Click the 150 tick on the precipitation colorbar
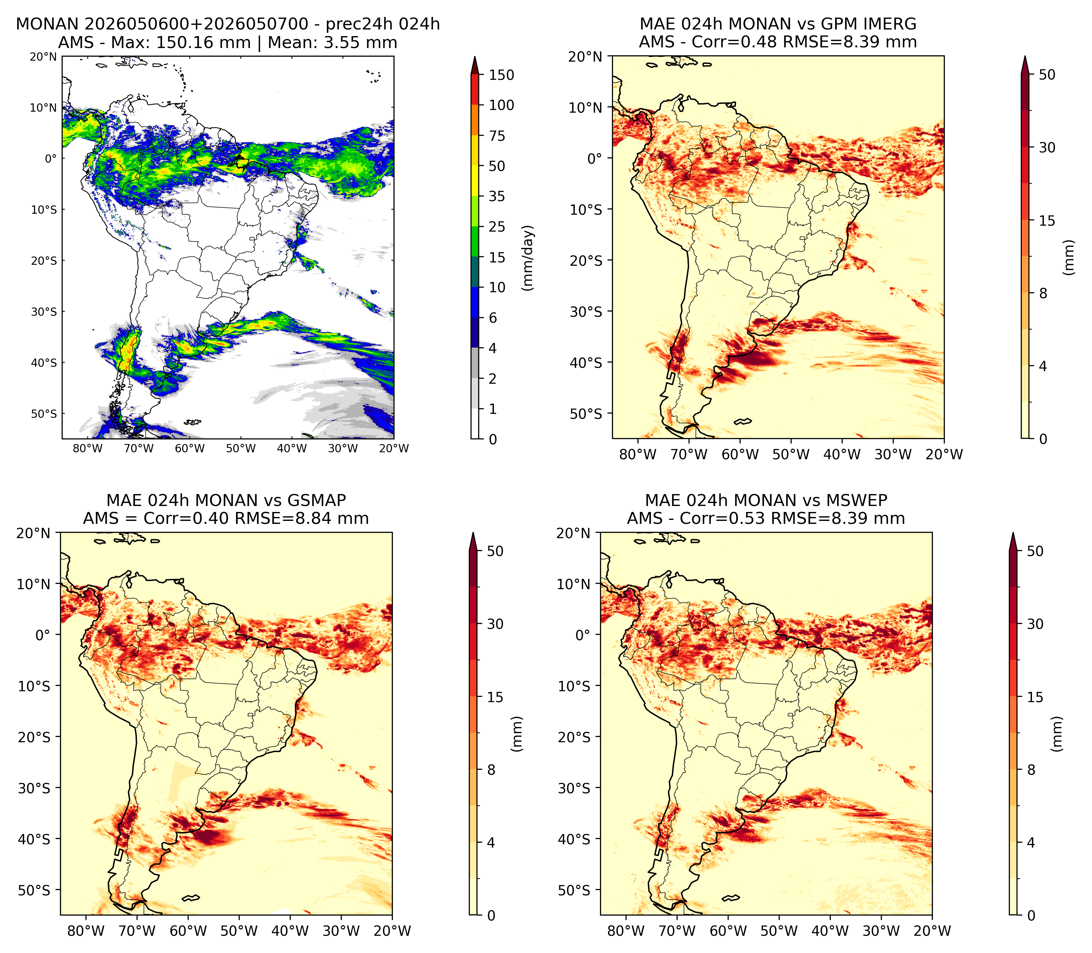[x=502, y=75]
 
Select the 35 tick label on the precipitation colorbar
[x=497, y=196]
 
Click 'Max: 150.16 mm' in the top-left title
[x=203, y=42]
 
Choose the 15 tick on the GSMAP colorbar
[x=495, y=697]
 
